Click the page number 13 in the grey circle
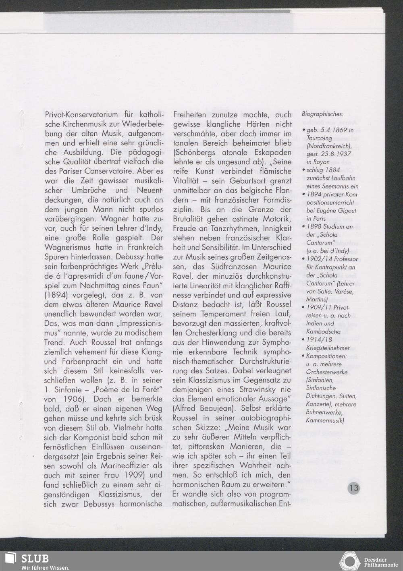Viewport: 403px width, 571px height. point(354,488)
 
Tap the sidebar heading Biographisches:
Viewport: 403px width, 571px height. point(322,114)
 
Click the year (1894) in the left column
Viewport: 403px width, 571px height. point(57,294)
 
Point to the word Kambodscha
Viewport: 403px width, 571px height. point(324,331)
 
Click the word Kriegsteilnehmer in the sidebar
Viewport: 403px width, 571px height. point(327,348)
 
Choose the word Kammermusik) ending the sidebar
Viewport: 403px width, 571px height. point(325,421)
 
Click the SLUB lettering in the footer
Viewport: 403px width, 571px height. point(35,559)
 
